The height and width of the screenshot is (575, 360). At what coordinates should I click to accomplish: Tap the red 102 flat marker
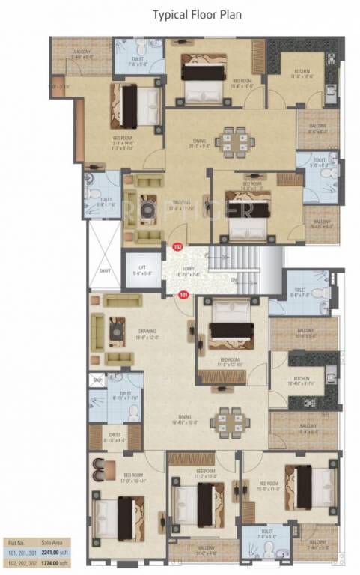point(177,246)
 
